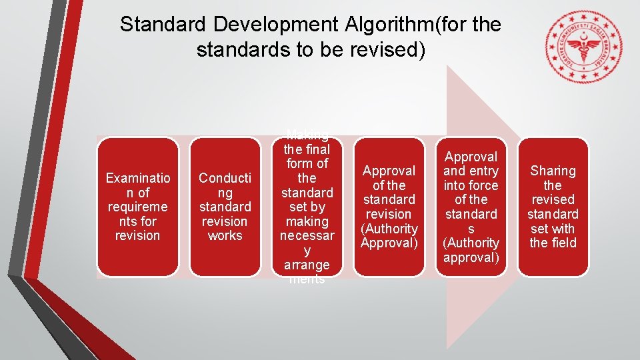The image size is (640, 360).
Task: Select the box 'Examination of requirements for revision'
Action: pyautogui.click(x=137, y=207)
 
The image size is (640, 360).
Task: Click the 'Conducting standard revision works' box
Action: pyautogui.click(x=225, y=207)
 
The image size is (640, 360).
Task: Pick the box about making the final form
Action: pyautogui.click(x=307, y=207)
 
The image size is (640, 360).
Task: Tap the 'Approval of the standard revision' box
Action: pyautogui.click(x=389, y=207)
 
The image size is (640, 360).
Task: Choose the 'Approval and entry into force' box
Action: pyautogui.click(x=471, y=207)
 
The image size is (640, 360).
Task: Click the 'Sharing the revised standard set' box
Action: pyautogui.click(x=553, y=207)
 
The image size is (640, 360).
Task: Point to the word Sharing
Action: pyautogui.click(x=553, y=171)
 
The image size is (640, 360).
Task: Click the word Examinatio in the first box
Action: pyautogui.click(x=137, y=178)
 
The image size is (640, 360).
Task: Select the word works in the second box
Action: pyautogui.click(x=225, y=235)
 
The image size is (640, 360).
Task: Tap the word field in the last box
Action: pyautogui.click(x=563, y=243)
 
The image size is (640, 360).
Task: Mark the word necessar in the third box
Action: pyautogui.click(x=307, y=235)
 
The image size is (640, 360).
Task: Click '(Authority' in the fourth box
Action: pyautogui.click(x=389, y=229)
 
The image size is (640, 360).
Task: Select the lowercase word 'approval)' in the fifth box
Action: pyautogui.click(x=471, y=257)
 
